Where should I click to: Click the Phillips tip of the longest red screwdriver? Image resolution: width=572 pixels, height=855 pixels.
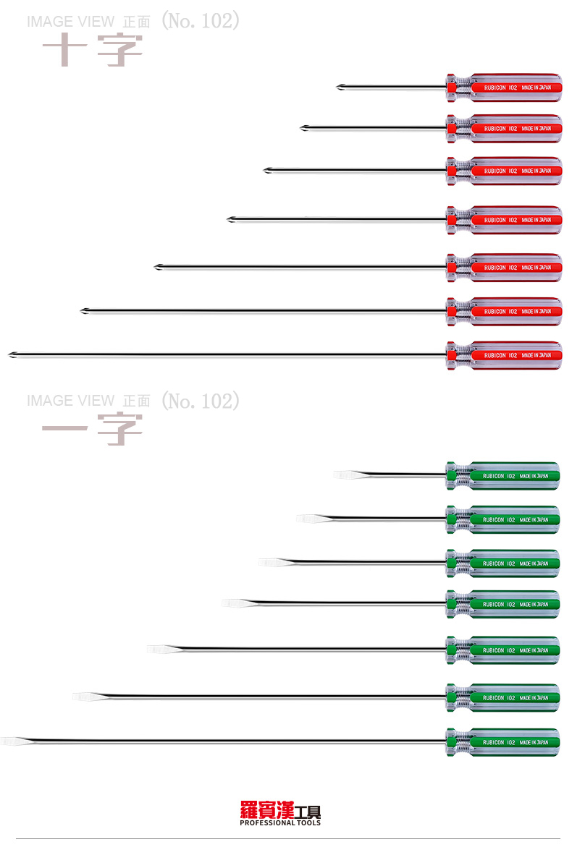(12, 354)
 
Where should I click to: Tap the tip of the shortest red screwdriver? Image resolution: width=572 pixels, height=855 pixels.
(340, 88)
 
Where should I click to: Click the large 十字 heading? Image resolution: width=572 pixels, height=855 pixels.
(92, 51)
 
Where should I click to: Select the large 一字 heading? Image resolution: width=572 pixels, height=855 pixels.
(92, 430)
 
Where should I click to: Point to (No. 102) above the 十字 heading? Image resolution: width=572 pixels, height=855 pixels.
(200, 21)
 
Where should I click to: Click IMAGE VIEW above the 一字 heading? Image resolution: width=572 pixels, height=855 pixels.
(70, 401)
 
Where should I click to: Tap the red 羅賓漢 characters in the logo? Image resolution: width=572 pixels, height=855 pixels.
(267, 810)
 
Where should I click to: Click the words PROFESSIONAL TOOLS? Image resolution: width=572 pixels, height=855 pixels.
(279, 823)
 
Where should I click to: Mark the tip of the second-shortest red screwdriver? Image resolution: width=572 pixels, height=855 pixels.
(303, 129)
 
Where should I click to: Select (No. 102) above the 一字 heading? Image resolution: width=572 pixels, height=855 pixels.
(200, 400)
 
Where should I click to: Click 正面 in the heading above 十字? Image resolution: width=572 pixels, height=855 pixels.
(137, 22)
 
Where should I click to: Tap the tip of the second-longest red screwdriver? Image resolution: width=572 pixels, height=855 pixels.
(84, 311)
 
